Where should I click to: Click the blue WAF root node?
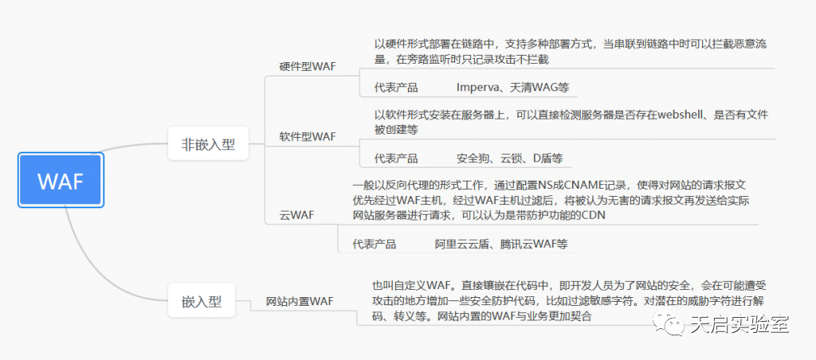coord(61,181)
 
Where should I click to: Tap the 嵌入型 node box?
coord(202,302)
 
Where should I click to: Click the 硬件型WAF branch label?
coord(308,65)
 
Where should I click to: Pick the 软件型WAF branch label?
coord(308,136)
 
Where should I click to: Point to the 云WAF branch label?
coord(296,215)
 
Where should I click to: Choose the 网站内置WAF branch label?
coord(299,301)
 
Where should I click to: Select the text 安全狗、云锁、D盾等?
coord(509,158)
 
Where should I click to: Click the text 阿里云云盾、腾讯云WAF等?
coord(501,245)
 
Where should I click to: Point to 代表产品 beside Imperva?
coord(396,87)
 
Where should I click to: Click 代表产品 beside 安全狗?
coord(396,158)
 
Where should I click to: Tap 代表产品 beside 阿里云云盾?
coord(375,245)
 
